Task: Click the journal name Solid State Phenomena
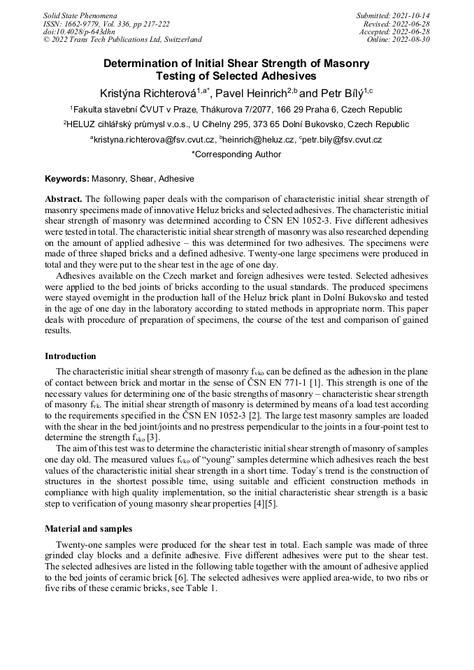tap(80, 15)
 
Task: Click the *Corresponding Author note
tap(236, 154)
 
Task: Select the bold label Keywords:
tap(67, 179)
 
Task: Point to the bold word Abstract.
tap(64, 198)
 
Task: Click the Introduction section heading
tap(70, 356)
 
